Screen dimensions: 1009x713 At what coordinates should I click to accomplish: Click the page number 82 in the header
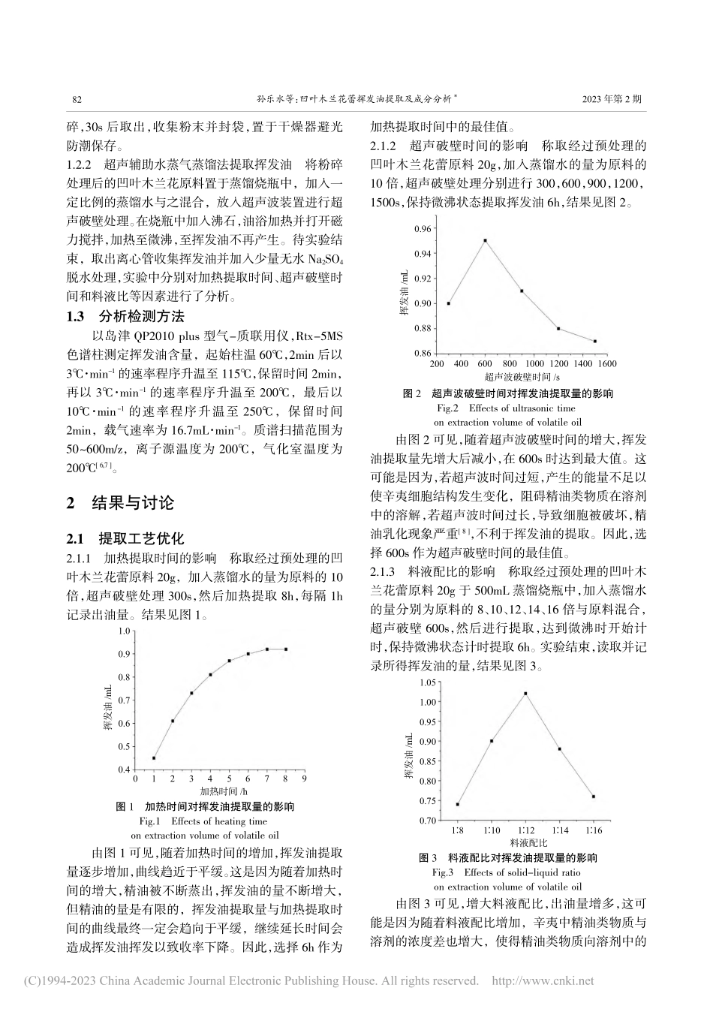tap(75, 98)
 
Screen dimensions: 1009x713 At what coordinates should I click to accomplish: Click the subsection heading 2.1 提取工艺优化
tap(125, 538)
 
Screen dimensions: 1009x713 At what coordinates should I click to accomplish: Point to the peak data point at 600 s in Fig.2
tap(486, 240)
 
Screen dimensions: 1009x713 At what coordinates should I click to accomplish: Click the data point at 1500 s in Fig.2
tap(594, 341)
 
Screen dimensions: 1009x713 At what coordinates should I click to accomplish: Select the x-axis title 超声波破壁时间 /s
tap(523, 377)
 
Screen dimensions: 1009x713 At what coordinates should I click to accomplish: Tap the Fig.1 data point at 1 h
tap(154, 758)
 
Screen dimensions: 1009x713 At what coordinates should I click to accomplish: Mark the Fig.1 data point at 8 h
tap(286, 649)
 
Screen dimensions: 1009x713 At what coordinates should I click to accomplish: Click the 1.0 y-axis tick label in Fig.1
tap(125, 631)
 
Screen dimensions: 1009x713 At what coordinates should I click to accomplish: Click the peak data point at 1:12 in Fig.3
tap(525, 693)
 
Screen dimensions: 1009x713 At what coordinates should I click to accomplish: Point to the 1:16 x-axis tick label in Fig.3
tap(594, 830)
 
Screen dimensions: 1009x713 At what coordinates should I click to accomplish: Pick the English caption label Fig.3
tap(444, 872)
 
